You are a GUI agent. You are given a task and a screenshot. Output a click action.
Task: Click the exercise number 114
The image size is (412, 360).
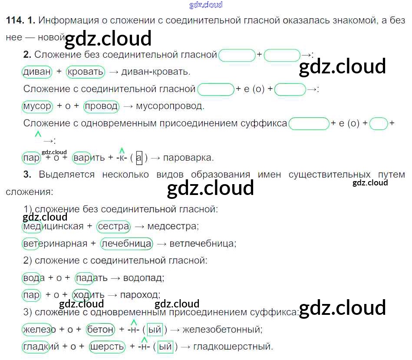[x=14, y=20]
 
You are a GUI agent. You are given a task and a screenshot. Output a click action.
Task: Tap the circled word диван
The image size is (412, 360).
[x=36, y=72]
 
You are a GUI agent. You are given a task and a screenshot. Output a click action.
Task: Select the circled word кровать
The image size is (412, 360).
[x=86, y=72]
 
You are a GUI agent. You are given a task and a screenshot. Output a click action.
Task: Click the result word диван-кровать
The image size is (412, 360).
[x=156, y=72]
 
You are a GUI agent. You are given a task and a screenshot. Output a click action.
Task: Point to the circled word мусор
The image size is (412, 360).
[x=37, y=106]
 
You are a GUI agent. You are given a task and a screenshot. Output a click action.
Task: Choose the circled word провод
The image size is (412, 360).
[x=101, y=106]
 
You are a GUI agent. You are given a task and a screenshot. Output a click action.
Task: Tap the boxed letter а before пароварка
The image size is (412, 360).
[x=139, y=158]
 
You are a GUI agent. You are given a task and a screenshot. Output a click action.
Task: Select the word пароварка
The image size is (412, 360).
[x=188, y=158]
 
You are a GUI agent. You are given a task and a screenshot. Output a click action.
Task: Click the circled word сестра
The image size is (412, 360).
[x=114, y=226]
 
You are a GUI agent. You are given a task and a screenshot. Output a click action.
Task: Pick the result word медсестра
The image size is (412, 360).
[x=173, y=226]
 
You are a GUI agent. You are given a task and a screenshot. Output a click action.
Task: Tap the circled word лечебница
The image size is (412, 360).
[x=126, y=244]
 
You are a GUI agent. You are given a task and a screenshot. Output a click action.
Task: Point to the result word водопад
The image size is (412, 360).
[x=144, y=278]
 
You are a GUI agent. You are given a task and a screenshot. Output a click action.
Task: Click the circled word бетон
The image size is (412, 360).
[x=101, y=330]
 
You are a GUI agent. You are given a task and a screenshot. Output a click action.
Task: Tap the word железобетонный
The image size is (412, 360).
[x=222, y=330]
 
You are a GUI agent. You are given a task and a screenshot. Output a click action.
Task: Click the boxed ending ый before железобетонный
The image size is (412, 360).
[x=155, y=330]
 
